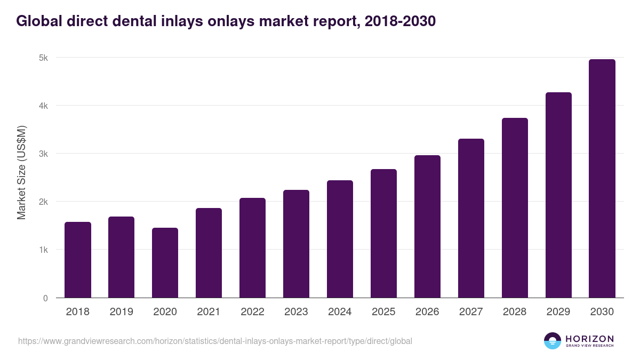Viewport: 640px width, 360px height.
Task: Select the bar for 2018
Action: click(78, 260)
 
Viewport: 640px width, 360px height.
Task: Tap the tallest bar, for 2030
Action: click(602, 179)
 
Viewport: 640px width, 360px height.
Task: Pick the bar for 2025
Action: click(384, 233)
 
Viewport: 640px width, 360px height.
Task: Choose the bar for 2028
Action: click(515, 208)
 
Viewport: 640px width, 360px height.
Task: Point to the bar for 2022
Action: click(252, 247)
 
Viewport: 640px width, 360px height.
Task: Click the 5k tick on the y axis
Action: click(44, 58)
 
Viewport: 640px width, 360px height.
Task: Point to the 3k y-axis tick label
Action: click(44, 154)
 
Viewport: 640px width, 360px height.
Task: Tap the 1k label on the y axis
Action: click(44, 250)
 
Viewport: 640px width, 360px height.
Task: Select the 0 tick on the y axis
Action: click(45, 298)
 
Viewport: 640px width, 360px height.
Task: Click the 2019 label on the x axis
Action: click(122, 312)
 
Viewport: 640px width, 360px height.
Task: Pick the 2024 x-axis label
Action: click(340, 312)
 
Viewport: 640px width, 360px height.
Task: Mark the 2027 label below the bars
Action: click(471, 312)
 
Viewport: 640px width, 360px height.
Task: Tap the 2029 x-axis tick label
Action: click(558, 312)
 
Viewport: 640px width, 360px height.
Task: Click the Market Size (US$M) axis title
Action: click(21, 172)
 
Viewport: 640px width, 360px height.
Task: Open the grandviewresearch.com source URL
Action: click(215, 341)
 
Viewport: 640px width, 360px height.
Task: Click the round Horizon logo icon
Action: click(552, 341)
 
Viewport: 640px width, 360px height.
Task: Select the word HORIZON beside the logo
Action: click(589, 339)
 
